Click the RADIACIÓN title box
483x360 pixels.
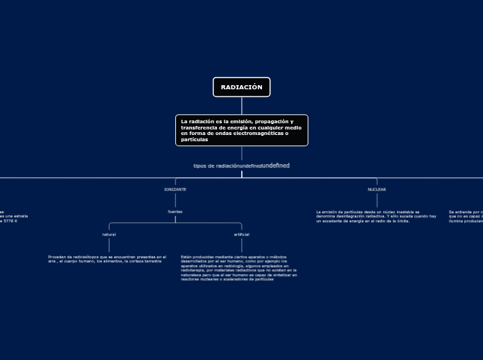point(241,87)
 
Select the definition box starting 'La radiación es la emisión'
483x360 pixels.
point(241,130)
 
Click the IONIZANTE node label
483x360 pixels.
point(175,189)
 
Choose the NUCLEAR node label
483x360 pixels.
point(377,189)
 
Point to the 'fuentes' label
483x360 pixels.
point(175,211)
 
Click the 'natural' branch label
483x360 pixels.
point(109,235)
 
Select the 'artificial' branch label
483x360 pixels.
point(241,235)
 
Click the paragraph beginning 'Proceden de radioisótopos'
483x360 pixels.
point(107,259)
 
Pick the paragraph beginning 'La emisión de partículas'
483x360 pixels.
point(376,216)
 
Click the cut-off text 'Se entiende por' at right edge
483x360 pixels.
point(466,216)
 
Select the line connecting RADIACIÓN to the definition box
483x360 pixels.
point(242,105)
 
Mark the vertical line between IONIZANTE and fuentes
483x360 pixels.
point(175,200)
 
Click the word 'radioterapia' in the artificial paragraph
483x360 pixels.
point(196,270)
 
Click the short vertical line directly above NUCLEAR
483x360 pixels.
point(377,182)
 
